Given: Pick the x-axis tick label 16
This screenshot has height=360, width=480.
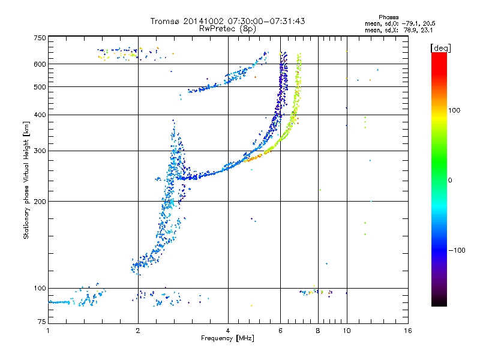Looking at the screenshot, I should point(407,331).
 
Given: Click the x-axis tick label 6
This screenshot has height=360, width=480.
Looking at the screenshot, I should point(280,331).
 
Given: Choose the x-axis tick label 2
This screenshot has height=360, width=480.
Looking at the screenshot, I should point(138,331).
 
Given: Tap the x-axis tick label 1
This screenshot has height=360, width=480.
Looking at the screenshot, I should point(48,331).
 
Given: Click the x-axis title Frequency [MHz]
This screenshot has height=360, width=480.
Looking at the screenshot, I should point(228,338).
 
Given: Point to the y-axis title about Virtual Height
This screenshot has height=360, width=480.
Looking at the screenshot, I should point(26,181).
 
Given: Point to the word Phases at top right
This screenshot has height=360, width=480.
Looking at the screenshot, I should point(389,17).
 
